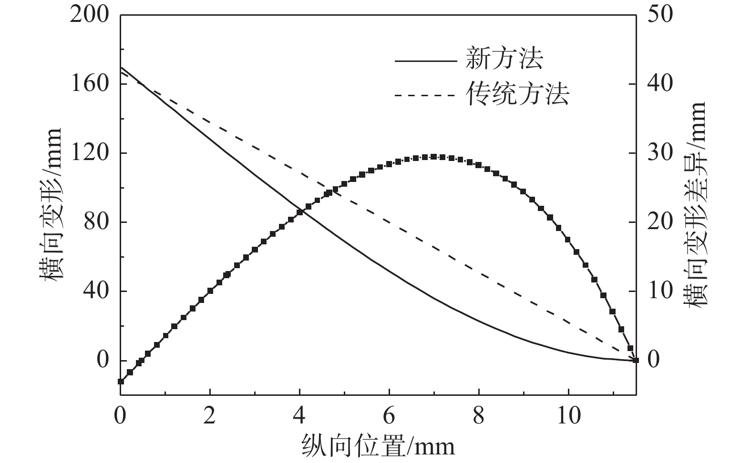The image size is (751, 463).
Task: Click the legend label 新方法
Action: tap(504, 60)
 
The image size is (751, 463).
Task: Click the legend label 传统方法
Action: tap(517, 94)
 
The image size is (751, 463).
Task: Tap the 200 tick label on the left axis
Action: tap(90, 15)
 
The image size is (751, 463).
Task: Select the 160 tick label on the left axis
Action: tap(90, 84)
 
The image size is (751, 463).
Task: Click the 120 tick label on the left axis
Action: tap(90, 153)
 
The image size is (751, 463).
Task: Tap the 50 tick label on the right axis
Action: tap(660, 15)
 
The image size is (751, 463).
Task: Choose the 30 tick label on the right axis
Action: tap(660, 153)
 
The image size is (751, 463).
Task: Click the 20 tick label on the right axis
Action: tap(660, 222)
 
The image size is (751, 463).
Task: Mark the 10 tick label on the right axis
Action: tap(660, 291)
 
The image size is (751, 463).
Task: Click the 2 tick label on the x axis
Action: tap(210, 416)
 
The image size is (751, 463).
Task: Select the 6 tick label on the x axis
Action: tap(389, 416)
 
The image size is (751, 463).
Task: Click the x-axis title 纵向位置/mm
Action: tap(378, 446)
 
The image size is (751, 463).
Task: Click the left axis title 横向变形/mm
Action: tap(53, 205)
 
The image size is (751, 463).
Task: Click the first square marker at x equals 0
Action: tap(121, 381)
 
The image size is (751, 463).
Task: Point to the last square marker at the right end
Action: tap(636, 360)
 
